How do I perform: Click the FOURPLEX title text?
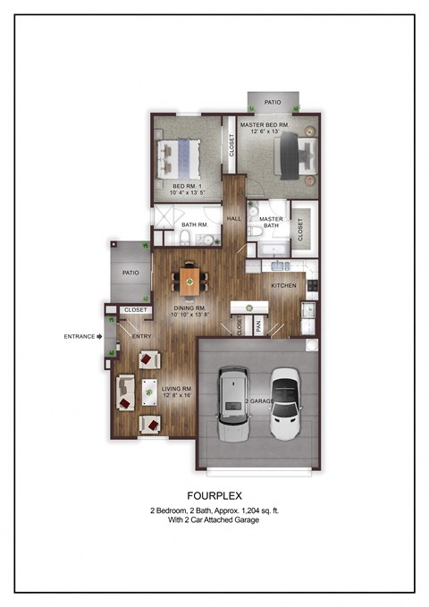click(214, 494)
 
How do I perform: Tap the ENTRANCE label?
click(80, 336)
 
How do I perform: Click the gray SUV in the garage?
click(232, 402)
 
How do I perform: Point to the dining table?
click(190, 282)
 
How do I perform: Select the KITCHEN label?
click(283, 285)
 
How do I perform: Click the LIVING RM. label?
click(176, 391)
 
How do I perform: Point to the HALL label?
click(234, 218)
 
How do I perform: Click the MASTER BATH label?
click(270, 223)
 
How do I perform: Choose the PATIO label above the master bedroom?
click(273, 103)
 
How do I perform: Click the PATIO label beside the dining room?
click(130, 274)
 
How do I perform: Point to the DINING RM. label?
click(189, 310)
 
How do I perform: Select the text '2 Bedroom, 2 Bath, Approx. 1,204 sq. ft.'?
click(214, 510)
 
